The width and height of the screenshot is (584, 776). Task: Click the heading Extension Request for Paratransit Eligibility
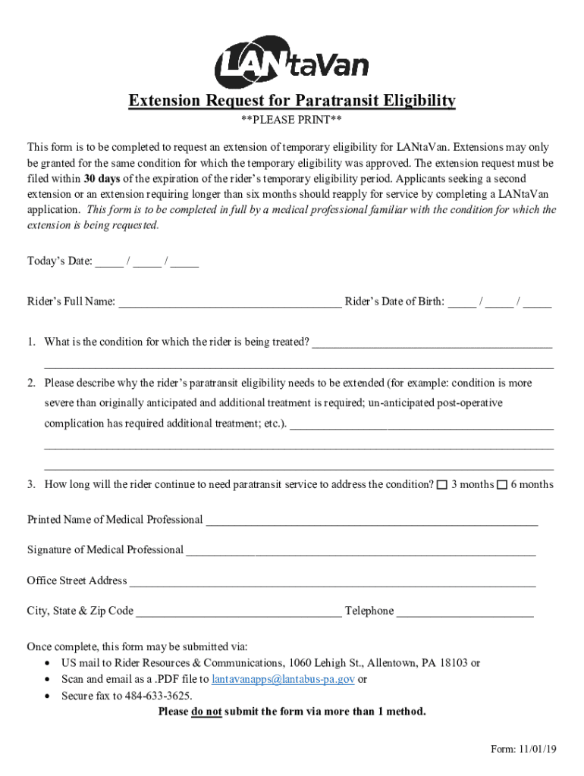pyautogui.click(x=292, y=101)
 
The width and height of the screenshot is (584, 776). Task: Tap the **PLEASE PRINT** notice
pyautogui.click(x=291, y=121)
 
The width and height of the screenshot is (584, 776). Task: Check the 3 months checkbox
pyautogui.click(x=442, y=485)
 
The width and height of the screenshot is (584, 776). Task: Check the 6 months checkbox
pyautogui.click(x=501, y=485)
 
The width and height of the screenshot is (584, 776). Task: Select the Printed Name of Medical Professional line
pyautogui.click(x=372, y=521)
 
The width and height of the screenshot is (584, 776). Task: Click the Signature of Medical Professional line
pyautogui.click(x=360, y=551)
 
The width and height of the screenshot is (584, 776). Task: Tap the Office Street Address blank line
pyautogui.click(x=332, y=582)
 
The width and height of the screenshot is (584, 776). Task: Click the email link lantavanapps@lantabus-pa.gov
pyautogui.click(x=283, y=679)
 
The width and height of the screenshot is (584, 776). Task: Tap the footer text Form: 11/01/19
pyautogui.click(x=523, y=749)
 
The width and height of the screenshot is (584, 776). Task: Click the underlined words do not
pyautogui.click(x=206, y=712)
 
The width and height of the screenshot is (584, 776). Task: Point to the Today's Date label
pyautogui.click(x=60, y=261)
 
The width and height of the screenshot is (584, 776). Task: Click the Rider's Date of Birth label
pyautogui.click(x=394, y=302)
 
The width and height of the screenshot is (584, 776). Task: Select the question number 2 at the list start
pyautogui.click(x=32, y=383)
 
